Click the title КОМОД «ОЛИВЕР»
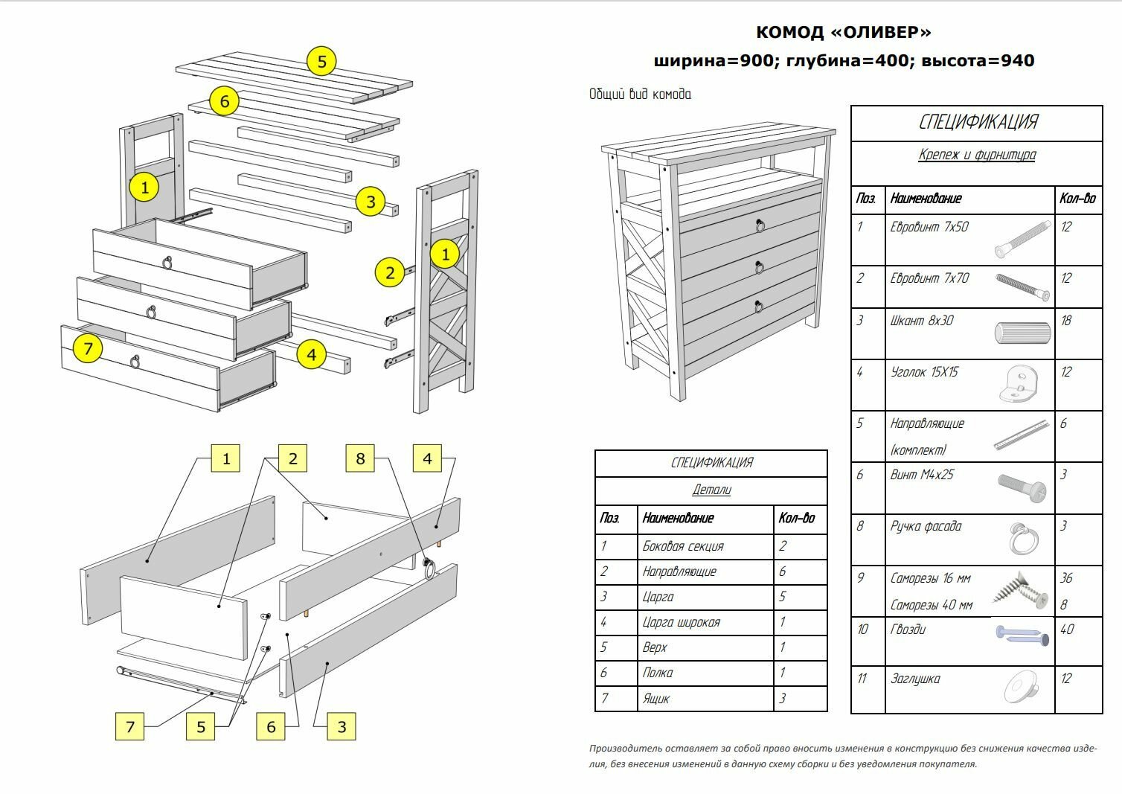pyautogui.click(x=843, y=32)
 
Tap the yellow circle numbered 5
pyautogui.click(x=321, y=61)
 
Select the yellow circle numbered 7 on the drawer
pyautogui.click(x=88, y=348)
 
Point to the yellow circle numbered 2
pyautogui.click(x=389, y=273)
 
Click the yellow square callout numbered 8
pyautogui.click(x=360, y=458)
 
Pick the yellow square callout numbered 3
pyautogui.click(x=342, y=726)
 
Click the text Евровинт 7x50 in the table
pyautogui.click(x=929, y=227)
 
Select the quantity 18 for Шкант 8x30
pyautogui.click(x=1066, y=321)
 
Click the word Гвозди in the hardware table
pyautogui.click(x=908, y=630)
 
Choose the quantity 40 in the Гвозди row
pyautogui.click(x=1067, y=630)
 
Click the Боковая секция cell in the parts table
pyautogui.click(x=683, y=546)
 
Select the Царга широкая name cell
pyautogui.click(x=681, y=622)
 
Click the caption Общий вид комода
pyautogui.click(x=640, y=95)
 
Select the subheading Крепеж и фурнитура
pyautogui.click(x=976, y=155)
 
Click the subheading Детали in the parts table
pyautogui.click(x=711, y=490)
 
